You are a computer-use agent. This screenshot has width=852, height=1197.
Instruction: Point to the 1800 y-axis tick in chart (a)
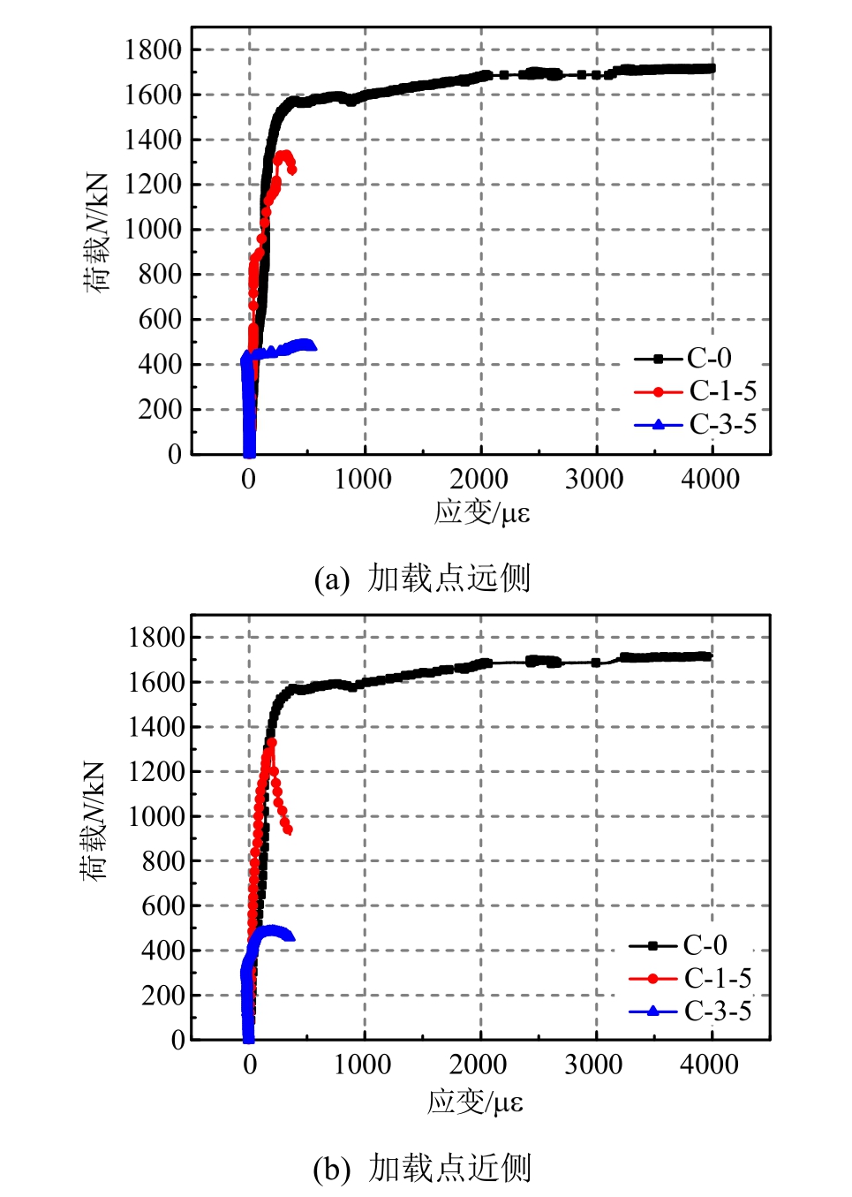coord(153,49)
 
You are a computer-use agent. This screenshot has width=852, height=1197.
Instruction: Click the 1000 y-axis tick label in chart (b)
coord(156,815)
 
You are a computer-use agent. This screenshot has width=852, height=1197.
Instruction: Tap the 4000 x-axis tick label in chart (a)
coord(710,479)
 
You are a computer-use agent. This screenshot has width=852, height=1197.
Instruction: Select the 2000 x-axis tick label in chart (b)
coord(478,1064)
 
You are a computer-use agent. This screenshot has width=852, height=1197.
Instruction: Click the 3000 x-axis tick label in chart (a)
coord(594,479)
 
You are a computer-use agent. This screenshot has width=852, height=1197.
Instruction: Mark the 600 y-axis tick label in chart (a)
coord(160,319)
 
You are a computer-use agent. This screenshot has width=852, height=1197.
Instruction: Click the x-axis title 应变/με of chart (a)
coord(482,512)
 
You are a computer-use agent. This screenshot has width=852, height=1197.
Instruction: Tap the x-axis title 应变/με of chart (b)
coord(476,1101)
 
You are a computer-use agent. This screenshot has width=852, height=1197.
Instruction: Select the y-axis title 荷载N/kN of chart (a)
coord(96,231)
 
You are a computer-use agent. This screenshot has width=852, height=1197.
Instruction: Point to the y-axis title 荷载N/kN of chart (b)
coord(94,820)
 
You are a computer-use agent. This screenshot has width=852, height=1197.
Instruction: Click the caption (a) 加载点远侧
coord(423,579)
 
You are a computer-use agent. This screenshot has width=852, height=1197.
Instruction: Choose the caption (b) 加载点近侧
coord(423,1168)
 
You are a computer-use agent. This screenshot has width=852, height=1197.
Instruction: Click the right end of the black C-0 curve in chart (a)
coord(711,68)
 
